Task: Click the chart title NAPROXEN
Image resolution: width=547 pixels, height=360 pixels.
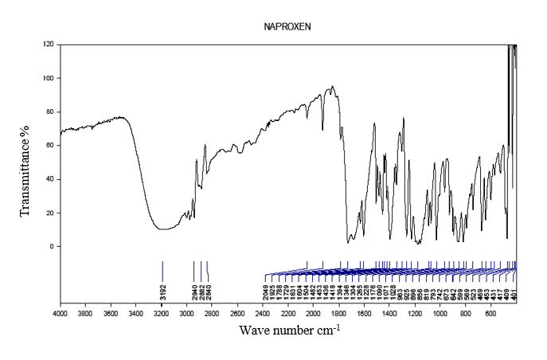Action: pyautogui.click(x=288, y=26)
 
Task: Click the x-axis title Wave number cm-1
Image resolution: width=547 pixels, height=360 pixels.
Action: pyautogui.click(x=288, y=330)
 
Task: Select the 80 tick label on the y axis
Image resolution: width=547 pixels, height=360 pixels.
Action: pyautogui.click(x=49, y=112)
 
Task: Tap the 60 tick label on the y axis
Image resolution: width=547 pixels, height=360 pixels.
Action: pyautogui.click(x=49, y=146)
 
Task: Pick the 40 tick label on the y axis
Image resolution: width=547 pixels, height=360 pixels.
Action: pyautogui.click(x=49, y=179)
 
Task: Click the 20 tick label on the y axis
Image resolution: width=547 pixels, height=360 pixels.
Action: pyautogui.click(x=49, y=213)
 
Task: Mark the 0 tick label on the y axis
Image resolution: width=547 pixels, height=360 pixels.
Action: pyautogui.click(x=51, y=246)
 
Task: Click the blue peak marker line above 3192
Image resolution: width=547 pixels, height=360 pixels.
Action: pyautogui.click(x=162, y=270)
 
